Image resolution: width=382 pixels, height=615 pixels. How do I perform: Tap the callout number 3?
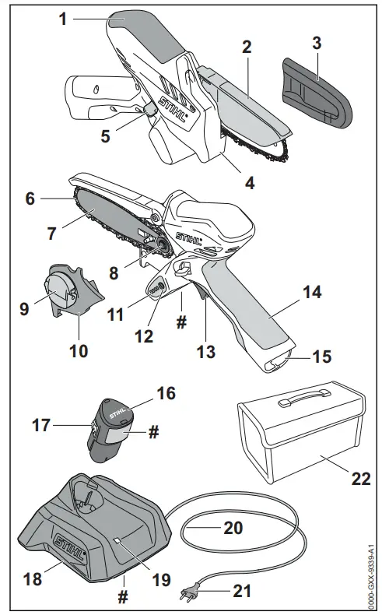click(x=317, y=44)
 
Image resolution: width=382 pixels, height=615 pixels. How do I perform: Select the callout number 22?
click(x=360, y=477)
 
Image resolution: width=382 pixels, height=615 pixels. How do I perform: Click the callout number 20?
click(x=233, y=527)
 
